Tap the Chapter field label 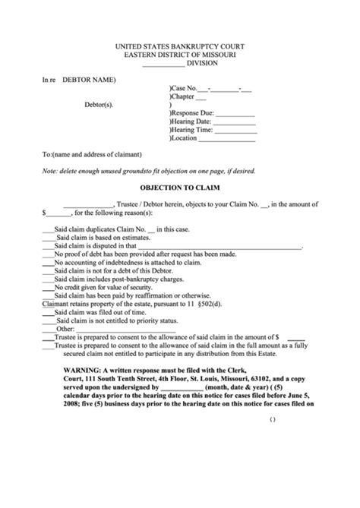click(x=185, y=97)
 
